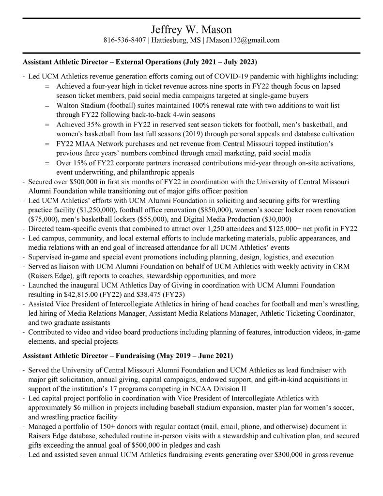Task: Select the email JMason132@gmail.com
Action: coord(243,40)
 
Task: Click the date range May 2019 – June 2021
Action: coord(197,355)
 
